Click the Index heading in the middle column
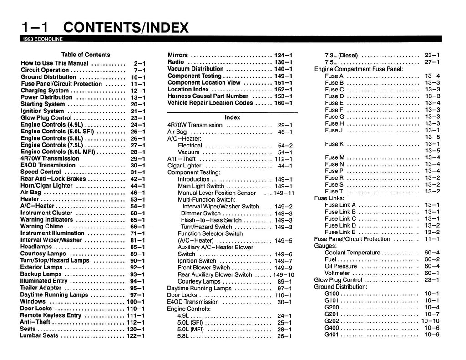[233, 117]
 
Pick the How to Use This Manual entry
[55, 64]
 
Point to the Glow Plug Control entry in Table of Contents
[46, 118]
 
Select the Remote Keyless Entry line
[51, 315]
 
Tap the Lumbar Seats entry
[39, 336]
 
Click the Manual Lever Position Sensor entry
[217, 193]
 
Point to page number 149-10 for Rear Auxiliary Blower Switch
[284, 275]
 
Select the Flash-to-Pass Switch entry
[211, 220]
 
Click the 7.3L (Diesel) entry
[341, 55]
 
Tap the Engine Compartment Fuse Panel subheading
[359, 69]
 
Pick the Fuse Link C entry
[340, 218]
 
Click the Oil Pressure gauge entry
[341, 266]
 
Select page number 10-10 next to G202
[431, 321]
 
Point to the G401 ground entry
[332, 335]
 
